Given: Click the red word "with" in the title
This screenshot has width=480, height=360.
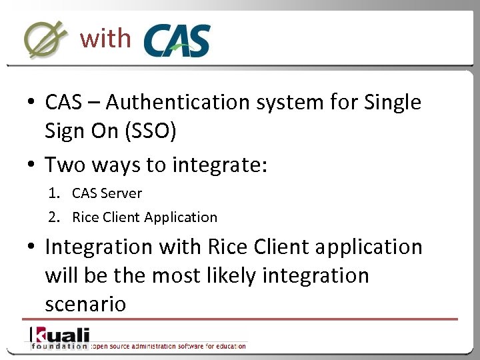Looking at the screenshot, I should [x=105, y=39].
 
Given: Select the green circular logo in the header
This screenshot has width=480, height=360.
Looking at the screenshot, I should [x=45, y=39].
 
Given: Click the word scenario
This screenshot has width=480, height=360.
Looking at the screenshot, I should [x=85, y=304].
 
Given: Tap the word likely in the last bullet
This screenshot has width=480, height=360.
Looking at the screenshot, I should [x=219, y=275].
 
